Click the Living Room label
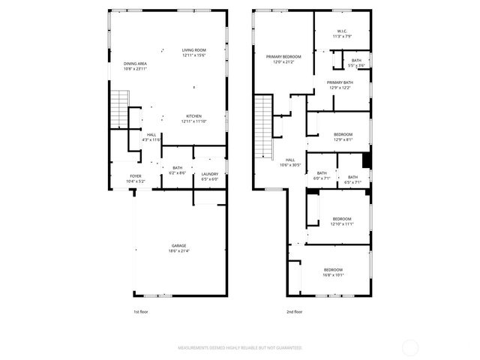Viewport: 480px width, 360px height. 193,51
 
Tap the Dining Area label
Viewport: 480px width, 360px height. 135,64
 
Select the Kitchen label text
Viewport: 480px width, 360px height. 193,116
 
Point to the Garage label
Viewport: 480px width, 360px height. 178,246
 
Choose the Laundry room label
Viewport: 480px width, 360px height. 209,175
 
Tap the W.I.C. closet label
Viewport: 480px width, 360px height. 341,31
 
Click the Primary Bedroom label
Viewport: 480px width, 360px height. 283,56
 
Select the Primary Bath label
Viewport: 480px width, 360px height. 340,82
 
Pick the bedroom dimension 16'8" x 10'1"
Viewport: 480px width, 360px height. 333,275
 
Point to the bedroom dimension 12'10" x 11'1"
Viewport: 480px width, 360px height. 342,223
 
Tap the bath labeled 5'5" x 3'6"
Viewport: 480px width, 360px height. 355,66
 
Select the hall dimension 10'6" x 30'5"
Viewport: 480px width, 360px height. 290,165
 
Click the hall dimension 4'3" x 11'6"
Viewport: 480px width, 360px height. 151,139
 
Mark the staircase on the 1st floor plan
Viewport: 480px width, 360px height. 119,111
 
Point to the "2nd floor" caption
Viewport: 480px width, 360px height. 294,311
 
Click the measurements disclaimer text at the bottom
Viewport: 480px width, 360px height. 239,348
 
